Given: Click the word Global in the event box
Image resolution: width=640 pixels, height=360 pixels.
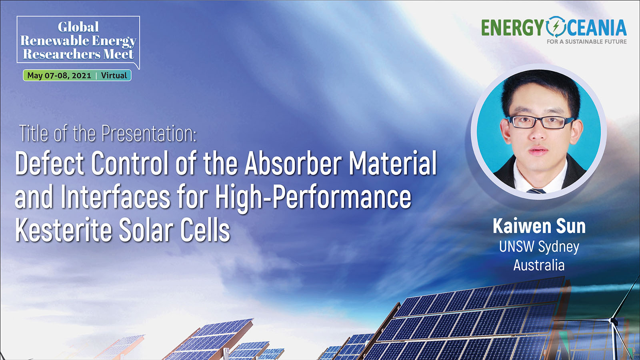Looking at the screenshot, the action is coord(78,27).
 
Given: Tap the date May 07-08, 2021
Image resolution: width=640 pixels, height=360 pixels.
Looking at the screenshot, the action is coord(59,76).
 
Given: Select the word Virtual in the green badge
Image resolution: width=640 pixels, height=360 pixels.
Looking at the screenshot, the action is coord(114,76).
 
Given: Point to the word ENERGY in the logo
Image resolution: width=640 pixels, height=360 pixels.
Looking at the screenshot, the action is coord(512,28).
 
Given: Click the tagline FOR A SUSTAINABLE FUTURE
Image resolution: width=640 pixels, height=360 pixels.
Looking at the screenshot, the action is coord(586,42).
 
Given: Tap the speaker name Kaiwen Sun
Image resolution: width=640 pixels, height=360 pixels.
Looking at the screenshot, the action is coord(539,226).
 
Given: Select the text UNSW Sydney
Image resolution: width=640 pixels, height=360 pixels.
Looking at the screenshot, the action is coord(539,247).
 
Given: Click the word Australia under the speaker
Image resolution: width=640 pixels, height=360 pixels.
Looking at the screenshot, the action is coord(539,265).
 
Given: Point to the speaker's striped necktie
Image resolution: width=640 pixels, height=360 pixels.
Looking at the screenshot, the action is coord(536,191).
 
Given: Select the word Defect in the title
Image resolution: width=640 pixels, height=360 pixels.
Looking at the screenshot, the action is coord(49,164).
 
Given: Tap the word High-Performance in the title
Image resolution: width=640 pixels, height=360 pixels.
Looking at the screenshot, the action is coord(313,198).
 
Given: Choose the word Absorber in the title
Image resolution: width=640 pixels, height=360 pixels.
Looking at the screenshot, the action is coord(292,164).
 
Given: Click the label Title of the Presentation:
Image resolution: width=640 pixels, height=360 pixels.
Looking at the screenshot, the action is coord(108,134).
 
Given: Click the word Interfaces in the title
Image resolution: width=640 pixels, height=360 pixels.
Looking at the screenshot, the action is coord(116,197).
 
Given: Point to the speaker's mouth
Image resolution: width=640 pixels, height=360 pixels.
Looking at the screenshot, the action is coord(538,150).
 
